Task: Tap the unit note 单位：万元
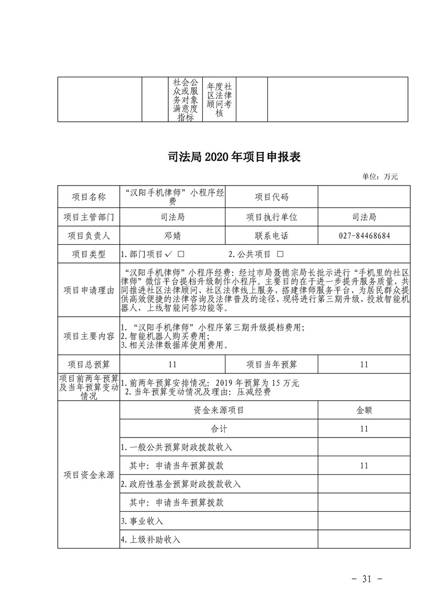click(379, 177)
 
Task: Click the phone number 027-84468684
click(364, 236)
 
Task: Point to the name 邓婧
click(172, 236)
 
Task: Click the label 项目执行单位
click(272, 217)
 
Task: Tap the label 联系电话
click(272, 236)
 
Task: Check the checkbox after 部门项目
click(181, 255)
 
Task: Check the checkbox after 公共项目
click(280, 255)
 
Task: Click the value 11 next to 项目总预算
click(172, 365)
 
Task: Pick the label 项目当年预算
click(272, 365)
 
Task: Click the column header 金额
click(364, 410)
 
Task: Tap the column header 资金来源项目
click(218, 410)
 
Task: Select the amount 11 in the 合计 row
click(364, 429)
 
